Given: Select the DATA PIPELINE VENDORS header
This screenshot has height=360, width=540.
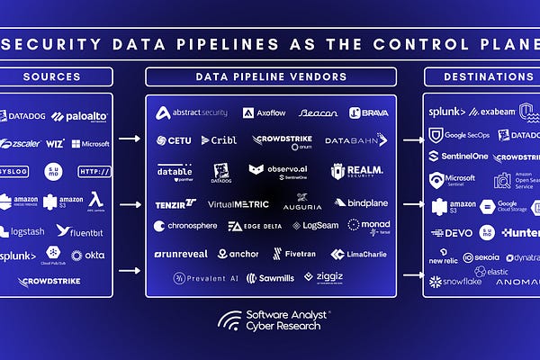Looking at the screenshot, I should (x=271, y=76).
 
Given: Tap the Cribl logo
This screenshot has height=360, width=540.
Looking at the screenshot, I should (x=219, y=140).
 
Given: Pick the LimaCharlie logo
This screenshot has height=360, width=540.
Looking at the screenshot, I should (x=358, y=254).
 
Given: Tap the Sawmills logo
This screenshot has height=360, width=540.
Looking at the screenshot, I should (x=270, y=278).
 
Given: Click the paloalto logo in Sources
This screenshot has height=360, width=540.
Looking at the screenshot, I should (x=81, y=116).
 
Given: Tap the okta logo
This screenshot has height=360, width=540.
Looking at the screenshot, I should (x=90, y=256).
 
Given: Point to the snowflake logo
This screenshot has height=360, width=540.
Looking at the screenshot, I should (x=456, y=282).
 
